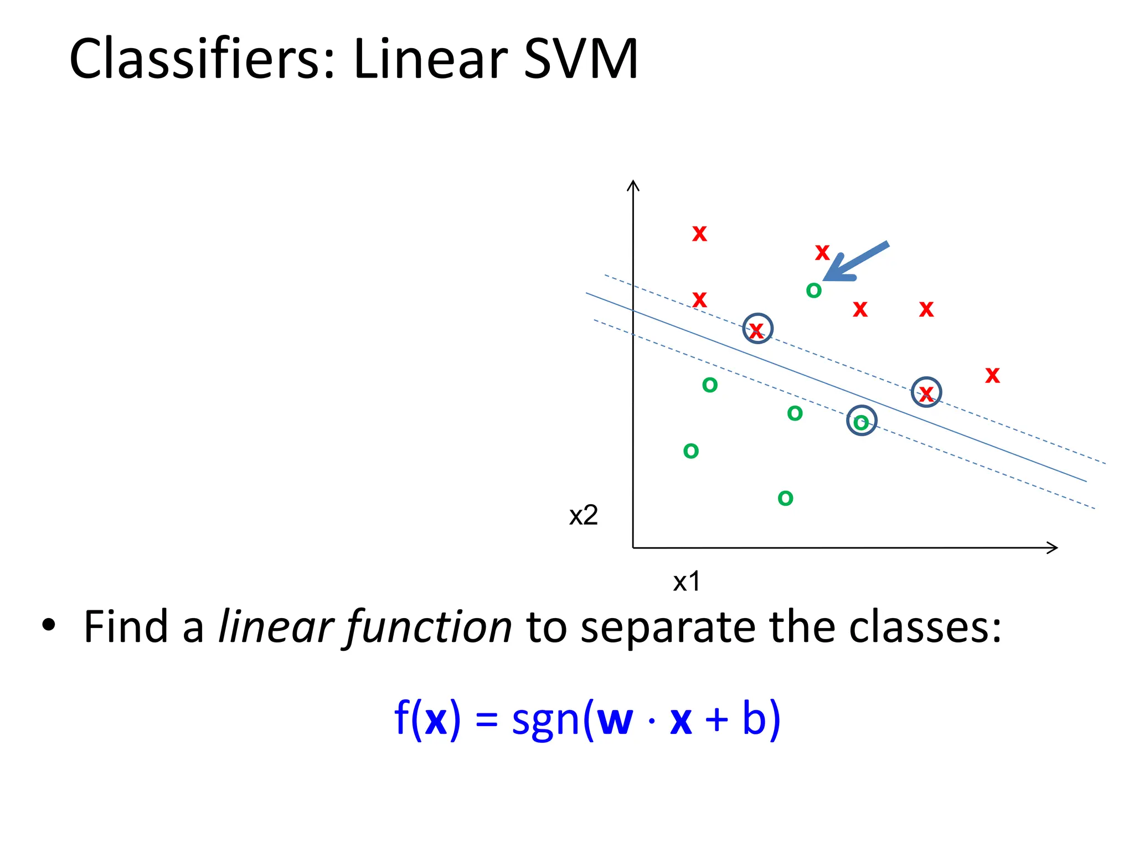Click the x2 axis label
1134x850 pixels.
point(583,515)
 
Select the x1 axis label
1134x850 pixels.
point(687,582)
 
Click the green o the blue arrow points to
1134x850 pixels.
point(813,290)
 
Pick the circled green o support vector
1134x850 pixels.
point(861,422)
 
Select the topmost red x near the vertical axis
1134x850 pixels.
point(699,234)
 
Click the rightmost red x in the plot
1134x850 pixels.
point(992,375)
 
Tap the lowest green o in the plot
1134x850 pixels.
point(785,498)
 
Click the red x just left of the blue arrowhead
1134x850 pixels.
point(822,252)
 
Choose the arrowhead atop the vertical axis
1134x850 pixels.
point(633,185)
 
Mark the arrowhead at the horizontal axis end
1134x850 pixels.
point(1052,548)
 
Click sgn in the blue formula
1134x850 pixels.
point(545,719)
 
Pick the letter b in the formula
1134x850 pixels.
point(753,718)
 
